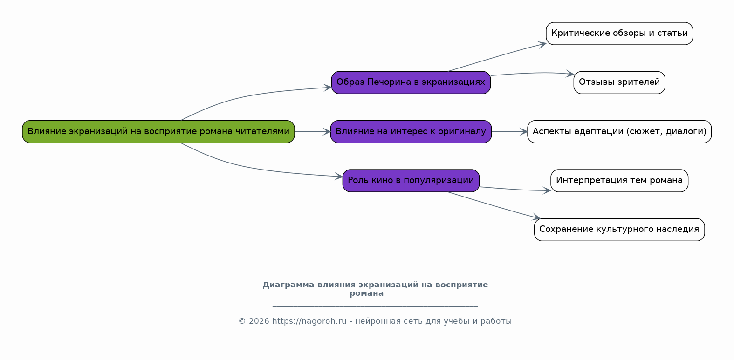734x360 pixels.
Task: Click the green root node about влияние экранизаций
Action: [x=158, y=132]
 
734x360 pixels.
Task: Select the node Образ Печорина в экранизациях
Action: [x=411, y=82]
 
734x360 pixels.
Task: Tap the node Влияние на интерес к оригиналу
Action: [x=411, y=132]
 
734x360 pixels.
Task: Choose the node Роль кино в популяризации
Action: [x=411, y=181]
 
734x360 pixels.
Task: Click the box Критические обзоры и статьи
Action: [x=619, y=34]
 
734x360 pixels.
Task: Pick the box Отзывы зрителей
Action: [x=619, y=82]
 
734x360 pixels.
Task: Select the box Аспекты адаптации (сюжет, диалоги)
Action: [x=619, y=132]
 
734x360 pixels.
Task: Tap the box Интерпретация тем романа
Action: [x=619, y=181]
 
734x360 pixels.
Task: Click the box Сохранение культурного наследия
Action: [x=619, y=230]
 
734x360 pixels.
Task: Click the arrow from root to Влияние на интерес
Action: [x=313, y=132]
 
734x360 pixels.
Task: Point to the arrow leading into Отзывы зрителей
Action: [x=533, y=73]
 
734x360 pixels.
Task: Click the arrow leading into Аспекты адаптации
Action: [x=509, y=132]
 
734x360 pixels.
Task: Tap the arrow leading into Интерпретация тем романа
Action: [x=515, y=190]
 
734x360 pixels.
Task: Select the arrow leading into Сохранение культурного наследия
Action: [x=494, y=205]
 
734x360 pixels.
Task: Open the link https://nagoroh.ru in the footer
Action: [x=309, y=321]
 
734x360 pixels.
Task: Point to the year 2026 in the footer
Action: [x=259, y=321]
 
